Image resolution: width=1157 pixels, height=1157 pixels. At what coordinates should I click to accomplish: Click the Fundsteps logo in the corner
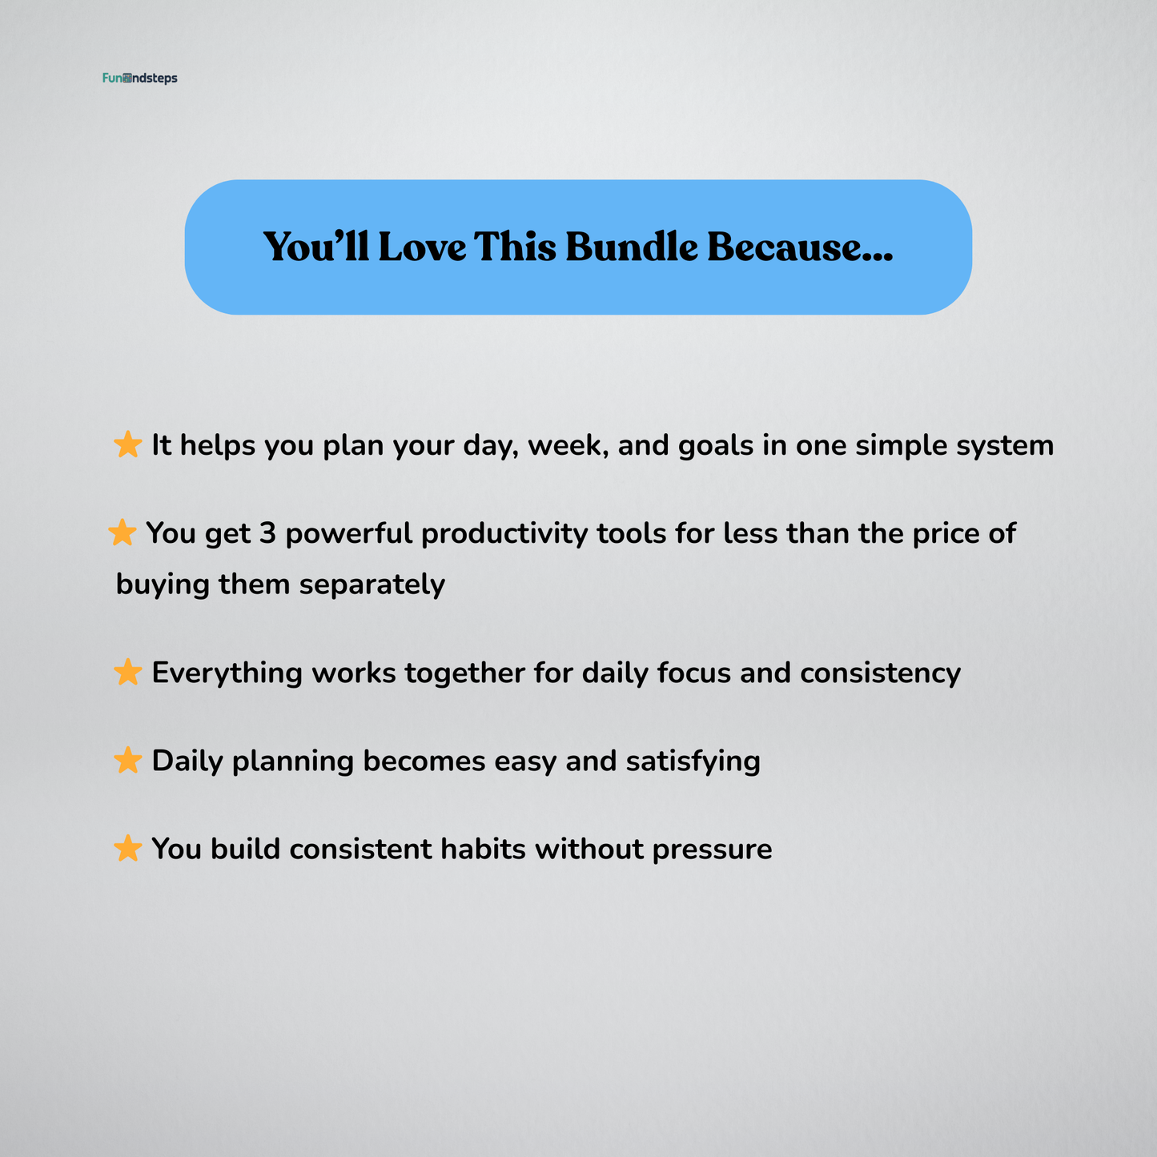coord(140,78)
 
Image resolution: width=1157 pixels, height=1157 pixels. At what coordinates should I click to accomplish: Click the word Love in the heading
coord(422,247)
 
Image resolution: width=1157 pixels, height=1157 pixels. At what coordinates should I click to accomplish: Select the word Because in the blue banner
coord(799,247)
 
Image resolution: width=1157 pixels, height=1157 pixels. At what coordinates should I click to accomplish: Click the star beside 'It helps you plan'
coord(128,444)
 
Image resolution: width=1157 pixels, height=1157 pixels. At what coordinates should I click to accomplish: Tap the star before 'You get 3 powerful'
coord(122,532)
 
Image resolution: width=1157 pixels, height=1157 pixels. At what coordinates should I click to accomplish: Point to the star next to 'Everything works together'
coord(128,673)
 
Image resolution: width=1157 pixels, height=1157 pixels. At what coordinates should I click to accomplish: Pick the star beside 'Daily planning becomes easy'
coord(128,761)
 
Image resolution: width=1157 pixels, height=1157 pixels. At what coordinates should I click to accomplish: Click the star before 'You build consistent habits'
coord(128,848)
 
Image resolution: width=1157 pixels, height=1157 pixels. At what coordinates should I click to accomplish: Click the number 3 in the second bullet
coord(267,533)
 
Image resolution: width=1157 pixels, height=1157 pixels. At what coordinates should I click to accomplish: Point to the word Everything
coord(227,673)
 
